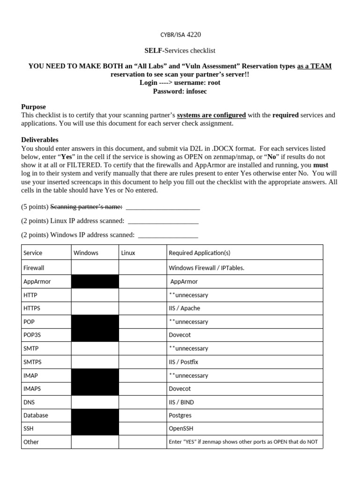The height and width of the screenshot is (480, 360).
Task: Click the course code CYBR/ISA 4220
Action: pyautogui.click(x=180, y=34)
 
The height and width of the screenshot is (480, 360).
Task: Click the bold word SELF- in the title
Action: pyautogui.click(x=154, y=50)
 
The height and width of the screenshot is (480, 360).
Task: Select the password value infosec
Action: pyautogui.click(x=196, y=91)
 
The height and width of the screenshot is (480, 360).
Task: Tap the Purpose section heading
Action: pyautogui.click(x=34, y=107)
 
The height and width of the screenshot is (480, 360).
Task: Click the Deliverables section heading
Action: pyautogui.click(x=40, y=140)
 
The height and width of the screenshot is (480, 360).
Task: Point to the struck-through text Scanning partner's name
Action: pyautogui.click(x=86, y=207)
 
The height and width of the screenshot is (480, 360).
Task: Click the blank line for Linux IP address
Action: pyautogui.click(x=163, y=221)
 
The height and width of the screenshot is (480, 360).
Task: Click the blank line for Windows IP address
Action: pyautogui.click(x=168, y=235)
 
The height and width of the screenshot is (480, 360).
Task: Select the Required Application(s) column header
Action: pyautogui.click(x=200, y=253)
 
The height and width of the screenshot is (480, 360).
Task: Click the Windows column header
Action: pyautogui.click(x=86, y=253)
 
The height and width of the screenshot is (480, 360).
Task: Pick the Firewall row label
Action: pyautogui.click(x=34, y=268)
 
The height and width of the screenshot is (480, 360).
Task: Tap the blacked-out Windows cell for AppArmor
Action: pyautogui.click(x=95, y=281)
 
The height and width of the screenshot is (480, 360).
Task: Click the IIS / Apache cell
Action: pyautogui.click(x=184, y=308)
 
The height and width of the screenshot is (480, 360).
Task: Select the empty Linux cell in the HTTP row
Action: pyautogui.click(x=142, y=295)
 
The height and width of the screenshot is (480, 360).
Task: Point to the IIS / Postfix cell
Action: pyautogui.click(x=185, y=362)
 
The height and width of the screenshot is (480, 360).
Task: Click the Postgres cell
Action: pyautogui.click(x=180, y=415)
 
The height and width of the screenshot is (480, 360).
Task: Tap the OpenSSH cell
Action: pyautogui.click(x=181, y=428)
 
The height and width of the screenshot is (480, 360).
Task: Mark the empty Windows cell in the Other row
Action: pyautogui.click(x=95, y=442)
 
